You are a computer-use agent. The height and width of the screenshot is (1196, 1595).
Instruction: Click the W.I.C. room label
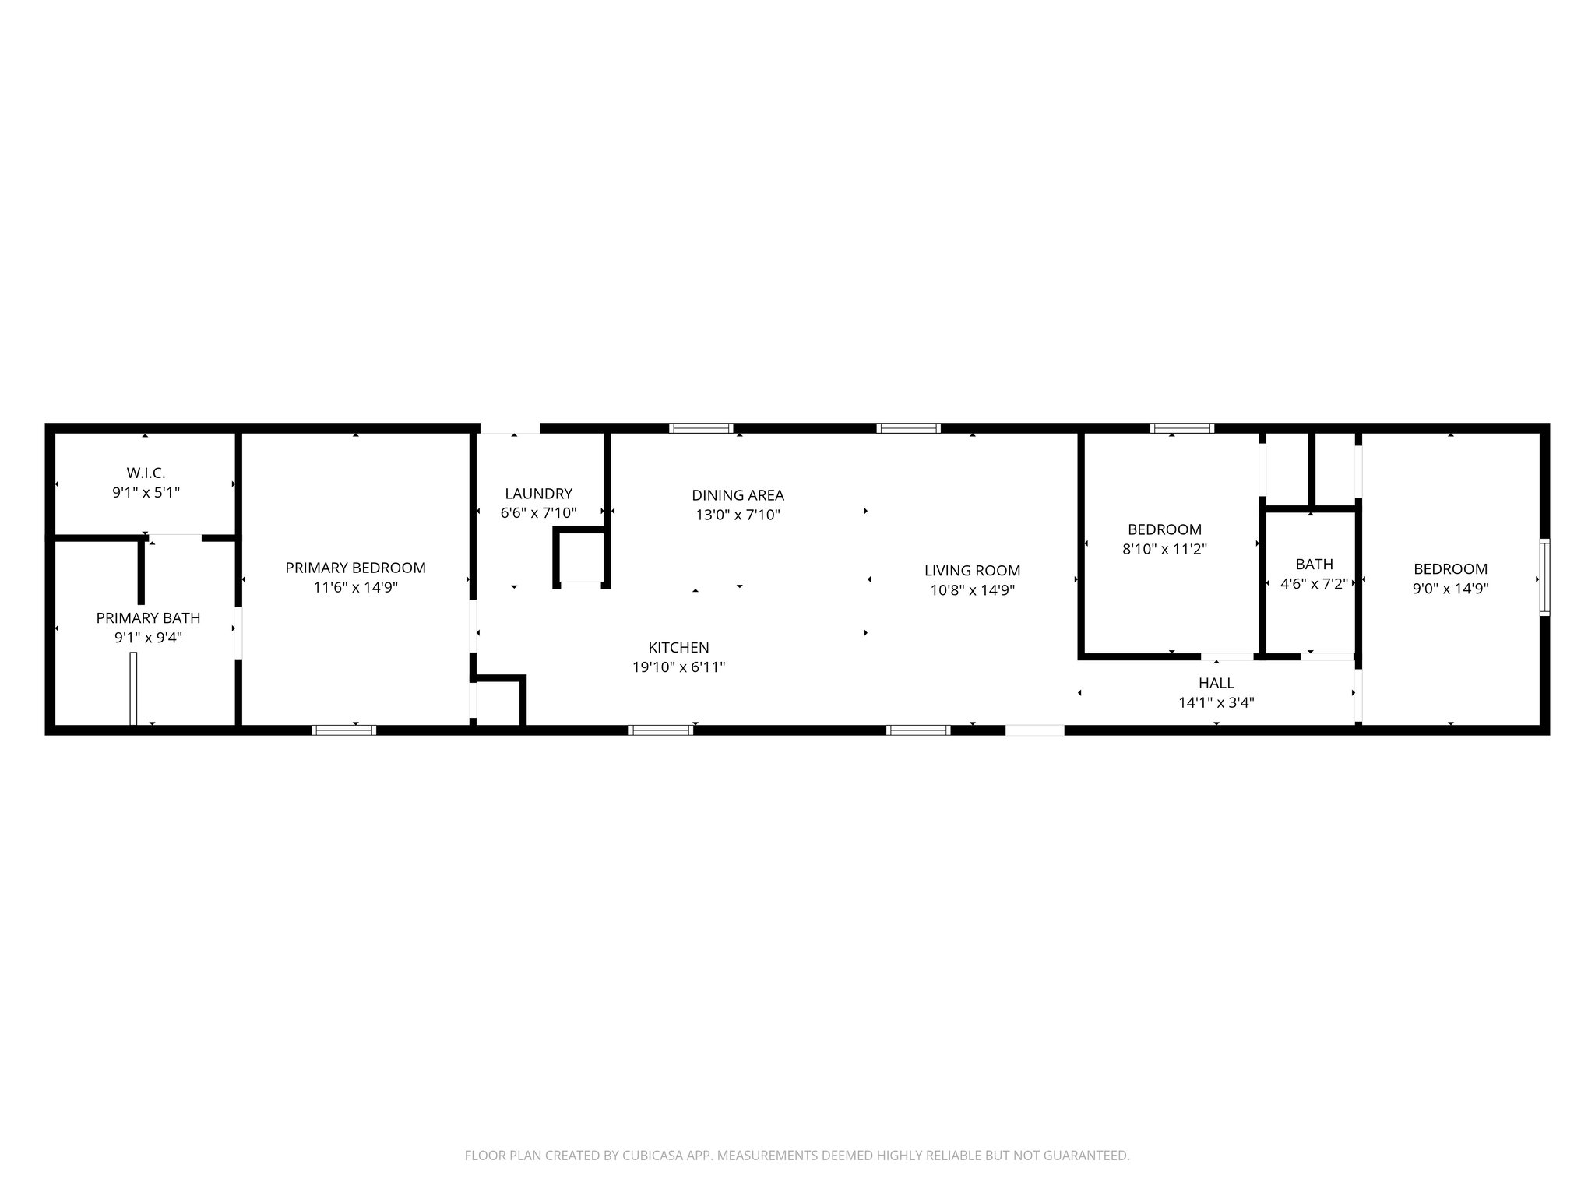pyautogui.click(x=146, y=473)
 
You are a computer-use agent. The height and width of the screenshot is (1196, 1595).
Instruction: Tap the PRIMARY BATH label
pyautogui.click(x=148, y=618)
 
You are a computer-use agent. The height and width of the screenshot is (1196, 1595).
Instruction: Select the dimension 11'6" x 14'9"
pyautogui.click(x=355, y=588)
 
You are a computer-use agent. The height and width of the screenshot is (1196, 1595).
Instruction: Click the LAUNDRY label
pyautogui.click(x=538, y=494)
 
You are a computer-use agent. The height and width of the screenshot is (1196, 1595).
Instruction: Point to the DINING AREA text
pyautogui.click(x=738, y=495)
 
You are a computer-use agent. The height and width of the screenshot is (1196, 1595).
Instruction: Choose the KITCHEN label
pyautogui.click(x=678, y=648)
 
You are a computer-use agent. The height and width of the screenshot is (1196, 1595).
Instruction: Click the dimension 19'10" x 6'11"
pyautogui.click(x=678, y=667)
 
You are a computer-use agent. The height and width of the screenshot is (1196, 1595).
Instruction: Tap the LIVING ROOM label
pyautogui.click(x=972, y=571)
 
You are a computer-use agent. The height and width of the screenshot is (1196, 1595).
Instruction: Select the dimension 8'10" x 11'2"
pyautogui.click(x=1164, y=550)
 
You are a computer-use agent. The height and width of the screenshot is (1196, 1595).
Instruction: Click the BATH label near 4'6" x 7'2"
pyautogui.click(x=1314, y=565)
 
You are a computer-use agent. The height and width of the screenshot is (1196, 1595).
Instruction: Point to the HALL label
pyautogui.click(x=1216, y=683)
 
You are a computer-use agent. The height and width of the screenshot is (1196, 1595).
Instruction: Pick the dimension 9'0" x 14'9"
pyautogui.click(x=1450, y=589)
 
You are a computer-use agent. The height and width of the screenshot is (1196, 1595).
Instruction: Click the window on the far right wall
pyautogui.click(x=1544, y=578)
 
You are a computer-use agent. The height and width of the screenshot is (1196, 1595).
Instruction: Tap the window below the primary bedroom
pyautogui.click(x=344, y=730)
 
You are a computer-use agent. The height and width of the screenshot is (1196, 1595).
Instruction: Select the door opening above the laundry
pyautogui.click(x=509, y=428)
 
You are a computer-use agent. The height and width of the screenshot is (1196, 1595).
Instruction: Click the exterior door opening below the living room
pyautogui.click(x=1034, y=730)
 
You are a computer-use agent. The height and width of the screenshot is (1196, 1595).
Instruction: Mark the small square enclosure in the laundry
pyautogui.click(x=580, y=558)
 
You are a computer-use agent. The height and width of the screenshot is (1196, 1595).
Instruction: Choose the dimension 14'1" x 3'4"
pyautogui.click(x=1216, y=702)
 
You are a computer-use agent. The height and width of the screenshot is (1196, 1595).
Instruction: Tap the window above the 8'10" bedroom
pyautogui.click(x=1182, y=428)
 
